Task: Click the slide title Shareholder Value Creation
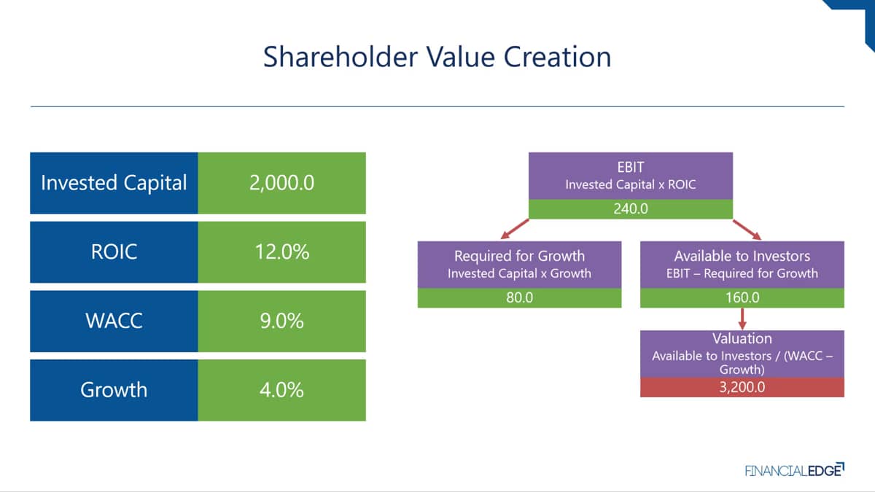click(x=437, y=57)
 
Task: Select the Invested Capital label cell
click(x=114, y=183)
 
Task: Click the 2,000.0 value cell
click(x=282, y=183)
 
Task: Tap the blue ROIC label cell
click(x=114, y=252)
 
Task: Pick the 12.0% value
click(x=282, y=252)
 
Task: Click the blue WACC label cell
click(x=114, y=321)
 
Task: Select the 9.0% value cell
click(x=282, y=321)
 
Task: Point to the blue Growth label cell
click(x=114, y=390)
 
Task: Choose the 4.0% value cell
click(x=282, y=390)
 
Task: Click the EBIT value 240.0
click(x=631, y=209)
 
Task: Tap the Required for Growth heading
click(x=519, y=256)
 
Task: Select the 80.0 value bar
click(x=519, y=298)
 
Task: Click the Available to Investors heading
click(x=742, y=256)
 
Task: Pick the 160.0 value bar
click(x=742, y=298)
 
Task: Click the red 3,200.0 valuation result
click(x=742, y=387)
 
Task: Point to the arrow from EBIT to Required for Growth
click(x=515, y=229)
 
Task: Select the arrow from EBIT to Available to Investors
click(x=747, y=230)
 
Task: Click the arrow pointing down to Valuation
click(x=742, y=319)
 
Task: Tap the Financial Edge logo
click(x=795, y=469)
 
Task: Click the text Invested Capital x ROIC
click(x=631, y=184)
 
